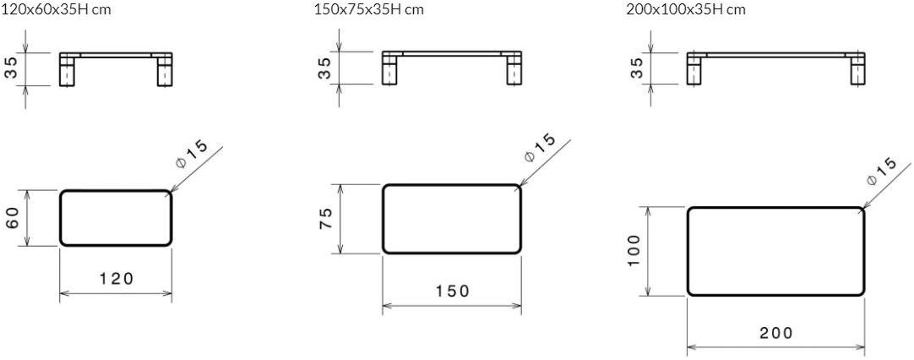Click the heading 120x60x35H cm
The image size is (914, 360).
[55, 9]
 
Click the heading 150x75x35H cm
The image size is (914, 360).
[368, 9]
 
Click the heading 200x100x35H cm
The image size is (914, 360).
[686, 9]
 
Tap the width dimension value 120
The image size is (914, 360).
[117, 278]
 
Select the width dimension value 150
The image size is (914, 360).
[452, 291]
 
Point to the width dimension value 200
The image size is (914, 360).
[775, 333]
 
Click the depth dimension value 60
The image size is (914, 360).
[14, 218]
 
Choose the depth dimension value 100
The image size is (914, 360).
[634, 250]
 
